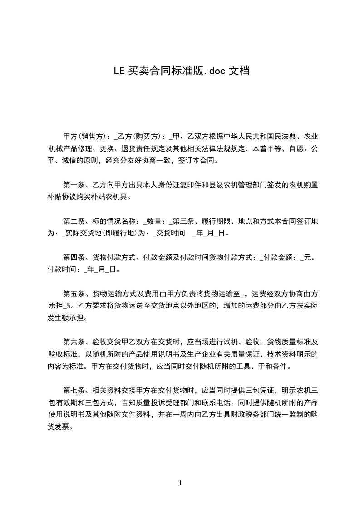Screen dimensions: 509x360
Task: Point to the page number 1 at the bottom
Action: (180, 483)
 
